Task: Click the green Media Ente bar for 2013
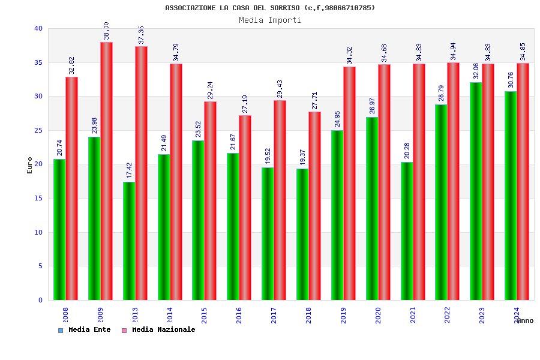(x=129, y=241)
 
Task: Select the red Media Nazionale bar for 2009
(x=106, y=171)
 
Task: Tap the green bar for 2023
(x=476, y=191)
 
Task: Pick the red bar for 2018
(x=314, y=206)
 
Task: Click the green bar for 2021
(x=407, y=231)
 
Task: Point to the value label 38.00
(x=106, y=31)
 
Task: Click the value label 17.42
(x=129, y=170)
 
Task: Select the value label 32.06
(x=476, y=71)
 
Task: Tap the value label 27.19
(x=245, y=104)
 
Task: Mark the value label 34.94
(x=453, y=51)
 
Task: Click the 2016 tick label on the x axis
(x=239, y=315)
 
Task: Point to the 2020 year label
(x=378, y=315)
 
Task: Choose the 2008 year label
(x=65, y=315)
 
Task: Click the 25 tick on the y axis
(x=38, y=130)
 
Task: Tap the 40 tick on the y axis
(x=38, y=28)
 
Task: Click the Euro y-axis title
(x=30, y=165)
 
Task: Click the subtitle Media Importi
(x=270, y=20)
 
